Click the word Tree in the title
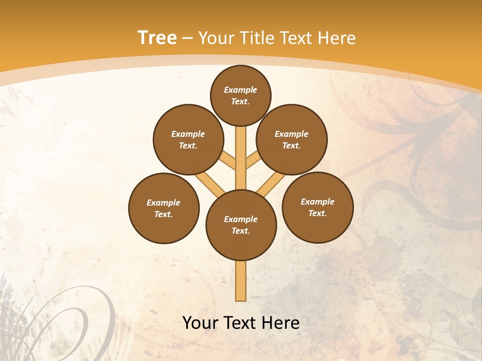pos(157,38)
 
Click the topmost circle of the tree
pos(240,95)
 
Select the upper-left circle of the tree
pos(188,139)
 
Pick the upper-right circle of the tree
pos(292,139)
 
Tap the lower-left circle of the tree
pos(164,208)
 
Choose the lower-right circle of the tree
pos(317,207)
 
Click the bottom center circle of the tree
pos(241,225)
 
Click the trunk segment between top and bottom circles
pos(241,158)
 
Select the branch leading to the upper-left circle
pos(227,160)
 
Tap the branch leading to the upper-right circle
pos(254,160)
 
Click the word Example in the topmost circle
pos(240,90)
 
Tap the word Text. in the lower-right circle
pos(317,213)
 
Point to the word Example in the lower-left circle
pos(164,203)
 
